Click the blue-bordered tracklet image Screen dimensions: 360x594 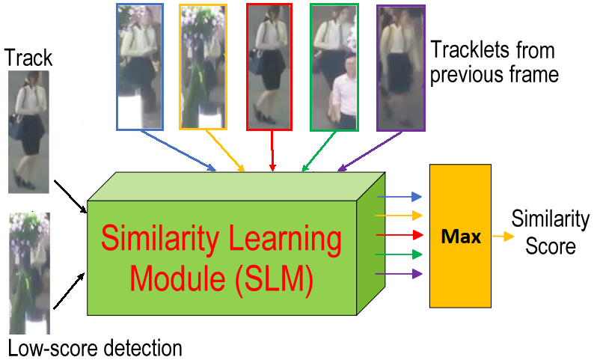[140, 66]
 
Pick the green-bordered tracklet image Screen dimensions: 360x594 [334, 66]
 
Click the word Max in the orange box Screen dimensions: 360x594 [462, 237]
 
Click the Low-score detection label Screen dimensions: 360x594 [95, 348]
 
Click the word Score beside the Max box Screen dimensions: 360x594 [551, 246]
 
